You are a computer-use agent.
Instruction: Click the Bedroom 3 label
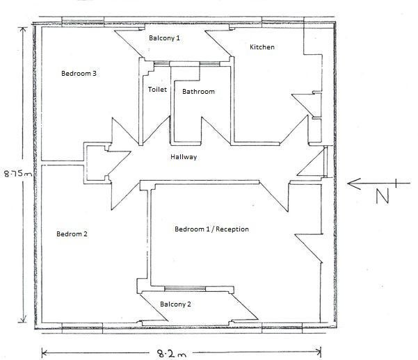coord(79,73)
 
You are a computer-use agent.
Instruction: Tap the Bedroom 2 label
coord(72,234)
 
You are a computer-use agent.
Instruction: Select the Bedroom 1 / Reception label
coord(211,229)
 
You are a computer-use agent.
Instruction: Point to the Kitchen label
coord(262,47)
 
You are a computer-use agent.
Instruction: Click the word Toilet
coord(157,89)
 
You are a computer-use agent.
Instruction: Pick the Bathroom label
coord(198,92)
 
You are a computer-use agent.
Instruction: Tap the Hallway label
coord(184,157)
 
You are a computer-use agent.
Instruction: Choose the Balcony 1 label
coord(164,38)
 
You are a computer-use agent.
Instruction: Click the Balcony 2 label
coord(175,304)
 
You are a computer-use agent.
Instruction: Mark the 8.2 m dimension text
coord(171,354)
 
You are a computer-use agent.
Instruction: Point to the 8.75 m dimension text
coord(18,174)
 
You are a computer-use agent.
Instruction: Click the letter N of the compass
coord(382,196)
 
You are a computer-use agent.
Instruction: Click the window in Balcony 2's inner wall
coord(185,289)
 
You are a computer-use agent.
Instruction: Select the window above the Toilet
coord(161,64)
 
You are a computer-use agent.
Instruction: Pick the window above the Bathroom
coord(210,64)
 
